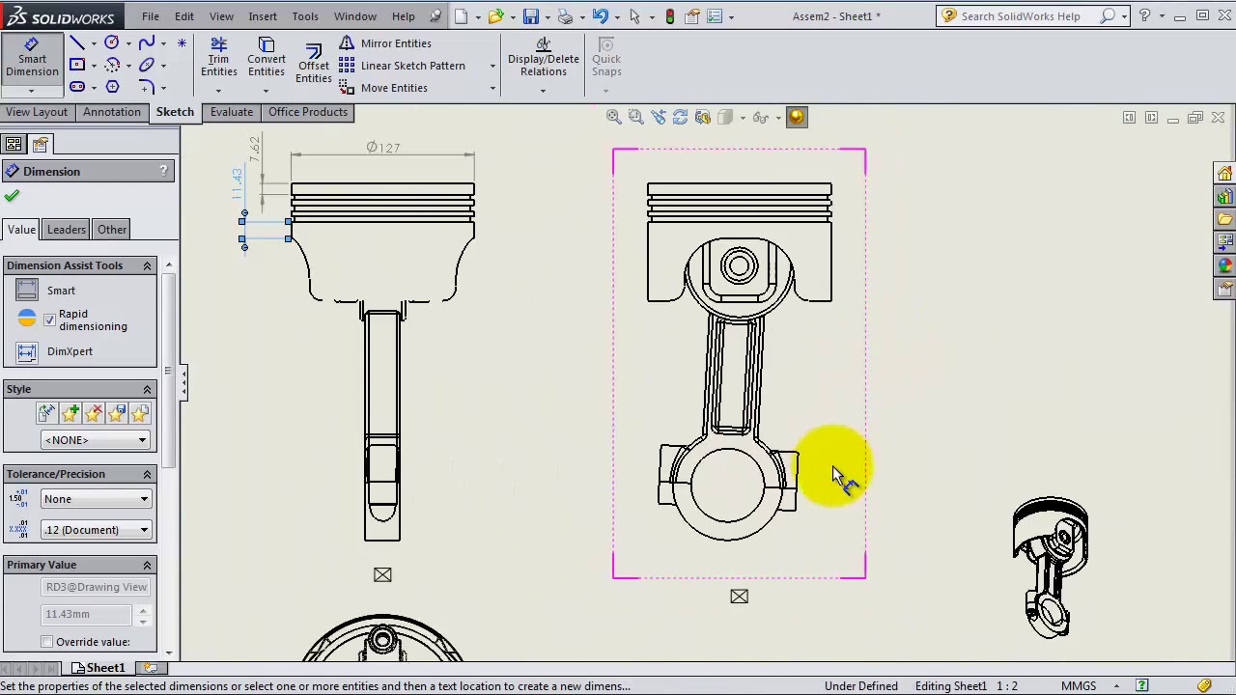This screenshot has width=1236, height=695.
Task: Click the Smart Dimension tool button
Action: point(31,58)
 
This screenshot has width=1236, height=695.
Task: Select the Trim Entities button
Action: point(218,58)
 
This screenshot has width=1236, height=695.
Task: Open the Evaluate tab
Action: point(232,112)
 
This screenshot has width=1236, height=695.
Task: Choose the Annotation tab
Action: point(111,112)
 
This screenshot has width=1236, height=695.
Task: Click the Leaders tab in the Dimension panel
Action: point(67,230)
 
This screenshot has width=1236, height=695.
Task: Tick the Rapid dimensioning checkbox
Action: point(49,320)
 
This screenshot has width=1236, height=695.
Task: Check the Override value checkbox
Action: point(47,642)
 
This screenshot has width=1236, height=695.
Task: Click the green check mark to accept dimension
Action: point(12,196)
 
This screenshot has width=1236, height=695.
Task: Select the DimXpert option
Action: point(70,351)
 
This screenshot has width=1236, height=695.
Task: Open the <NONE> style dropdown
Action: point(95,440)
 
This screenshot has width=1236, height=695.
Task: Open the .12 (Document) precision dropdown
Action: point(95,530)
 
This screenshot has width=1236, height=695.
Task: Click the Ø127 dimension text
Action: point(382,148)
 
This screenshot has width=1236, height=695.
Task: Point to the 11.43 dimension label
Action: point(238,183)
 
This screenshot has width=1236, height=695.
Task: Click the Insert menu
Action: point(262,16)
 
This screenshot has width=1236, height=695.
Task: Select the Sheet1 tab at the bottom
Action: point(104,668)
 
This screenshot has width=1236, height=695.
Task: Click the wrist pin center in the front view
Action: point(739,265)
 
